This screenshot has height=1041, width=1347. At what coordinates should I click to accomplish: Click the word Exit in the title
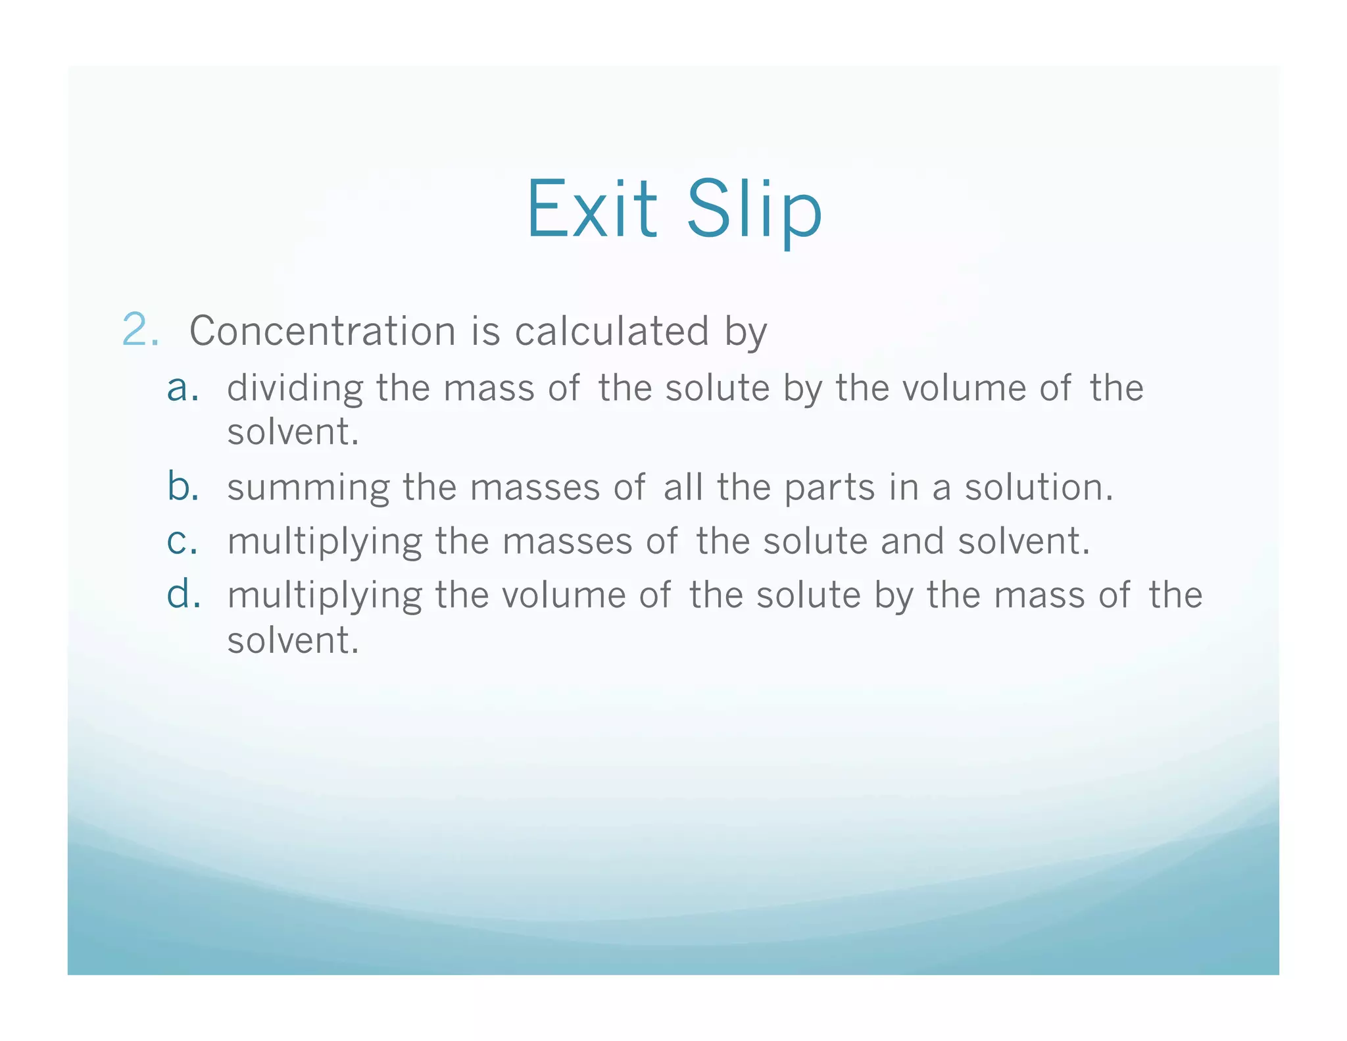[592, 209]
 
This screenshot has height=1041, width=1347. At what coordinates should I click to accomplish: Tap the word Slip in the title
[754, 209]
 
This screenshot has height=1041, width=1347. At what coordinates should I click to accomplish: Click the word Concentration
[322, 330]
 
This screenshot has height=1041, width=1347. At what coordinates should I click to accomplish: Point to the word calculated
[612, 330]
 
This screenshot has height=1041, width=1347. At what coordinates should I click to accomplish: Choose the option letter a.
[183, 388]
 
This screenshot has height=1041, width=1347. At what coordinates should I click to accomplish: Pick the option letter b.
[183, 487]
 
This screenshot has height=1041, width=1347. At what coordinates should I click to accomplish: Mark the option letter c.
[182, 542]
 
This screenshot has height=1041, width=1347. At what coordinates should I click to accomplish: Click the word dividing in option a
[295, 388]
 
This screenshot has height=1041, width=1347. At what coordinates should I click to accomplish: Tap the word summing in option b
[308, 488]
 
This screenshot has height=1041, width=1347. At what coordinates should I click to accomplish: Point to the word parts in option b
[829, 488]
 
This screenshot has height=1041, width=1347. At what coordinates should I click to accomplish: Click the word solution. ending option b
[1039, 488]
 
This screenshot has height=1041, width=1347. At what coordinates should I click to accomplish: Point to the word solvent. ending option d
[293, 640]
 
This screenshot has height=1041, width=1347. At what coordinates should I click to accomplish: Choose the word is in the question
[485, 330]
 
